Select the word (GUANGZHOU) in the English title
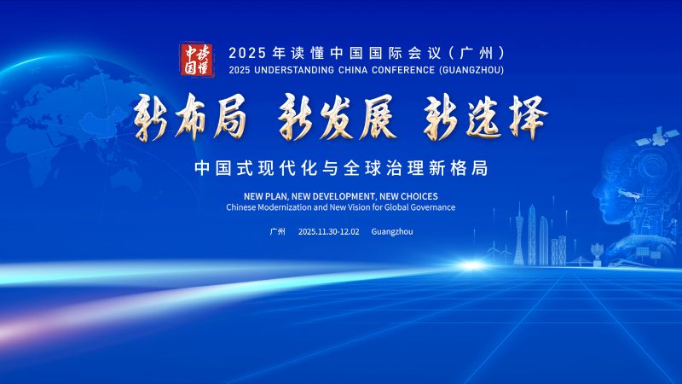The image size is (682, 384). pyautogui.click(x=465, y=69)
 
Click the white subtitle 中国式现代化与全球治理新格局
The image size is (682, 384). pyautogui.click(x=340, y=167)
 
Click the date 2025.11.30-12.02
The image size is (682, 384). pyautogui.click(x=329, y=232)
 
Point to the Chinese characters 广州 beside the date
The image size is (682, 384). pyautogui.click(x=277, y=232)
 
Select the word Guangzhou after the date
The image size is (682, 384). pyautogui.click(x=392, y=232)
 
